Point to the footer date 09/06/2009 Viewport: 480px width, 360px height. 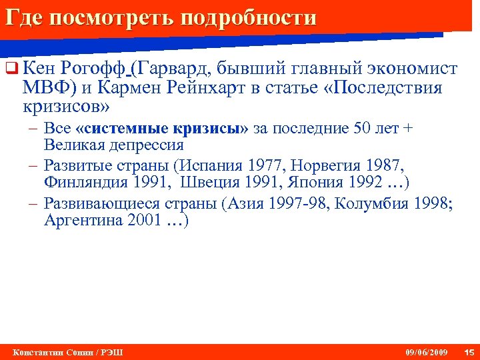pos(427,352)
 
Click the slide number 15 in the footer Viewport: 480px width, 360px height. pos(468,352)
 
